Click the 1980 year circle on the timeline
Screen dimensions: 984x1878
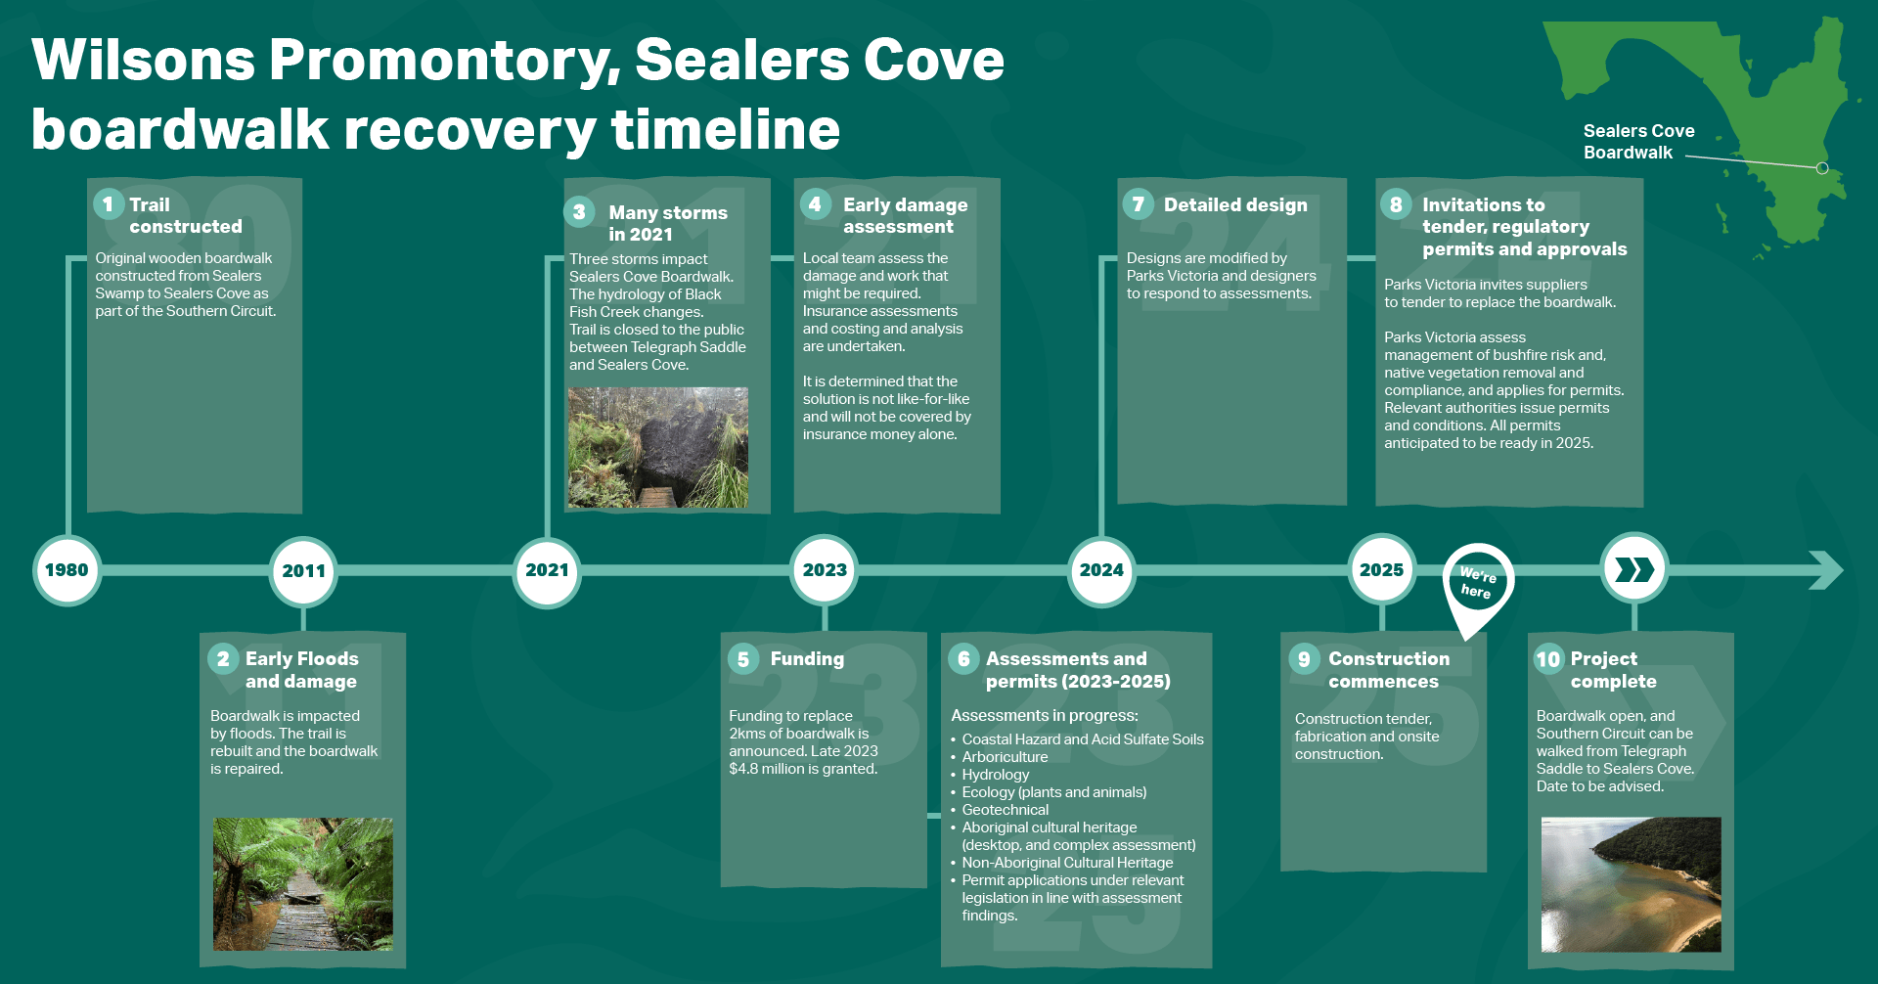click(67, 570)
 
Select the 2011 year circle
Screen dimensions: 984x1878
click(303, 571)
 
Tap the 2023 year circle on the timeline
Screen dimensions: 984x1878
click(825, 570)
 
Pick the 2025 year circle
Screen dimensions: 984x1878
click(1381, 570)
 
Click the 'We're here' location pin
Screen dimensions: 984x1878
click(1478, 583)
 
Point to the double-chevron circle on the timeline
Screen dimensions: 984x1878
click(1633, 569)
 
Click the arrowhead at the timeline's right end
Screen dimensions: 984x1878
click(1825, 570)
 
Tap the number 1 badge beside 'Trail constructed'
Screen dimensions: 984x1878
click(109, 204)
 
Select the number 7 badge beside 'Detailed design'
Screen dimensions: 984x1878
click(1138, 204)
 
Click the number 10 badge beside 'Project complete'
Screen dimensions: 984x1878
click(1548, 659)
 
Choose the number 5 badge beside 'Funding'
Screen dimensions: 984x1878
click(743, 659)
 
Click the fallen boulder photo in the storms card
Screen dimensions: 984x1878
click(658, 447)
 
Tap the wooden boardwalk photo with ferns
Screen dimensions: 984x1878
click(303, 884)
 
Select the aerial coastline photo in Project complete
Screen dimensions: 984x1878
click(1631, 884)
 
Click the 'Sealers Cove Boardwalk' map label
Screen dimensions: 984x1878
click(1638, 142)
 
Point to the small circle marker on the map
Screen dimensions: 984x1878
click(1822, 168)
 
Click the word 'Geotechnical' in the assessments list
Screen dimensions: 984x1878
click(1005, 810)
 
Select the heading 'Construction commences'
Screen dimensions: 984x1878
click(1388, 670)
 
